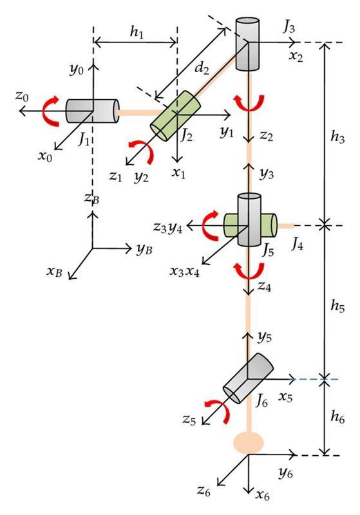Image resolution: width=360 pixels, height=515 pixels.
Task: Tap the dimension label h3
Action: [x=336, y=137]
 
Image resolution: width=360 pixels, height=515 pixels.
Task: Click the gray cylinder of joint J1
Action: [x=91, y=111]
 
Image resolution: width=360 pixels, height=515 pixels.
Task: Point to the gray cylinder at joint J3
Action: [x=247, y=43]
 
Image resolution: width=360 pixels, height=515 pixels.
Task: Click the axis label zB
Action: [x=91, y=200]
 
